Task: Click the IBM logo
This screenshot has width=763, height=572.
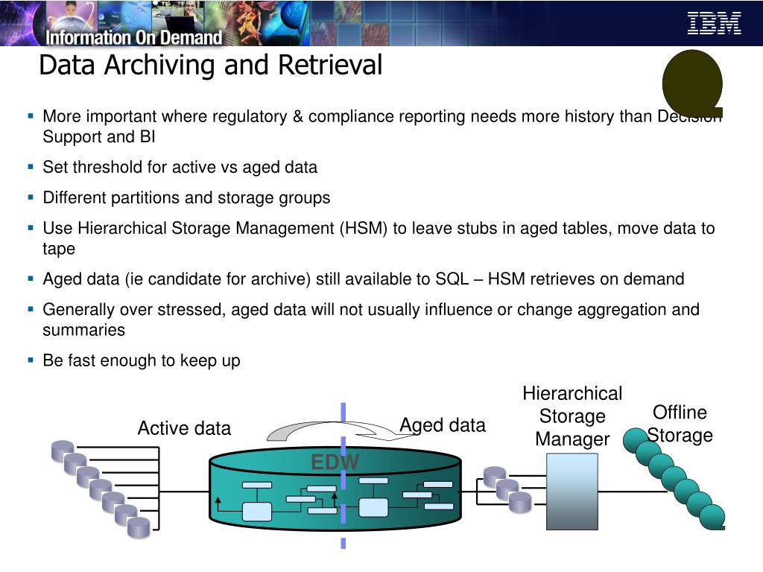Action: tap(714, 23)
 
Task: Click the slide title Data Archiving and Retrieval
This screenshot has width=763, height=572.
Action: tap(210, 65)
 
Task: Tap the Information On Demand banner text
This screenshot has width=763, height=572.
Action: tap(134, 36)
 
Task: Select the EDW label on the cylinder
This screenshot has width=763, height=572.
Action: tap(335, 463)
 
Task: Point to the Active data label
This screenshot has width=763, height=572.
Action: tap(184, 428)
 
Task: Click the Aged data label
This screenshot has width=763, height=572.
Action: tap(443, 425)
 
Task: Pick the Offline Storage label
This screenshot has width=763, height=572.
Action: tap(680, 424)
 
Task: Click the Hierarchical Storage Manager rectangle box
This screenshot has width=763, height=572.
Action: tap(572, 492)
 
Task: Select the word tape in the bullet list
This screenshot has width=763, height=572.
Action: tap(59, 249)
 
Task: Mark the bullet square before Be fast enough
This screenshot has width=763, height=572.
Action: tap(31, 360)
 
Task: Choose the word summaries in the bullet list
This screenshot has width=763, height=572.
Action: tap(84, 329)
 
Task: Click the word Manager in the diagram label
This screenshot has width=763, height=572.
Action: tap(572, 439)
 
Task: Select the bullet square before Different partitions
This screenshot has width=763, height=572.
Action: tap(31, 197)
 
